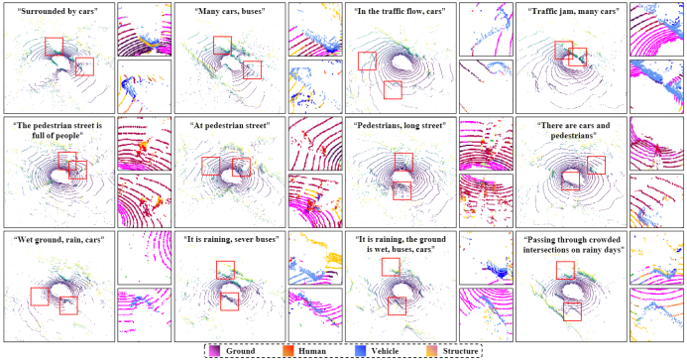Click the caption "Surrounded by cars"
57,11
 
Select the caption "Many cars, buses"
230,11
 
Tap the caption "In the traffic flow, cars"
401,11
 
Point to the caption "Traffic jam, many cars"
571,11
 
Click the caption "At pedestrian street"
230,125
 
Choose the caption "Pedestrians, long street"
401,125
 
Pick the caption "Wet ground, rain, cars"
58,240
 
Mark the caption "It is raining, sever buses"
230,240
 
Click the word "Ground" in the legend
240,351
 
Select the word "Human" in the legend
312,351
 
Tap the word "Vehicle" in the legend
385,351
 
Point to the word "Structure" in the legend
460,351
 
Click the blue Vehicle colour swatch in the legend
360,351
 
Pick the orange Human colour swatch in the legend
287,351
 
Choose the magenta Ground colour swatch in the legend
215,351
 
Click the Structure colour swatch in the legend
431,351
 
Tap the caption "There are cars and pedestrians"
571,131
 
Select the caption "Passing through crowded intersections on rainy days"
571,245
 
